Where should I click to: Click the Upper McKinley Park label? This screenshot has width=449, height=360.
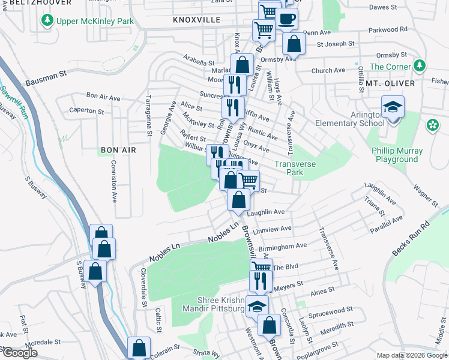95,22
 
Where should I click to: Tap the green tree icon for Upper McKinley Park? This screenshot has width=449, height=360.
47,22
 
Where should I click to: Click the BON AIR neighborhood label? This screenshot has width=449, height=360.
118,149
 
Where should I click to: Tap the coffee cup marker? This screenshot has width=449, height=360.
287,19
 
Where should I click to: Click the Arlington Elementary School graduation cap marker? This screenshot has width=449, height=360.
393,108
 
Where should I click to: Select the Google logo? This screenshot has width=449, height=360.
20,353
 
